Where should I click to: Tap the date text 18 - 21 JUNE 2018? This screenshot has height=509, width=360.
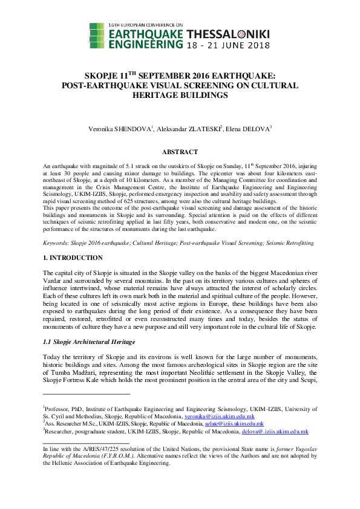(227, 45)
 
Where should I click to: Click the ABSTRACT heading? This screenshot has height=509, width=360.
(180, 152)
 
